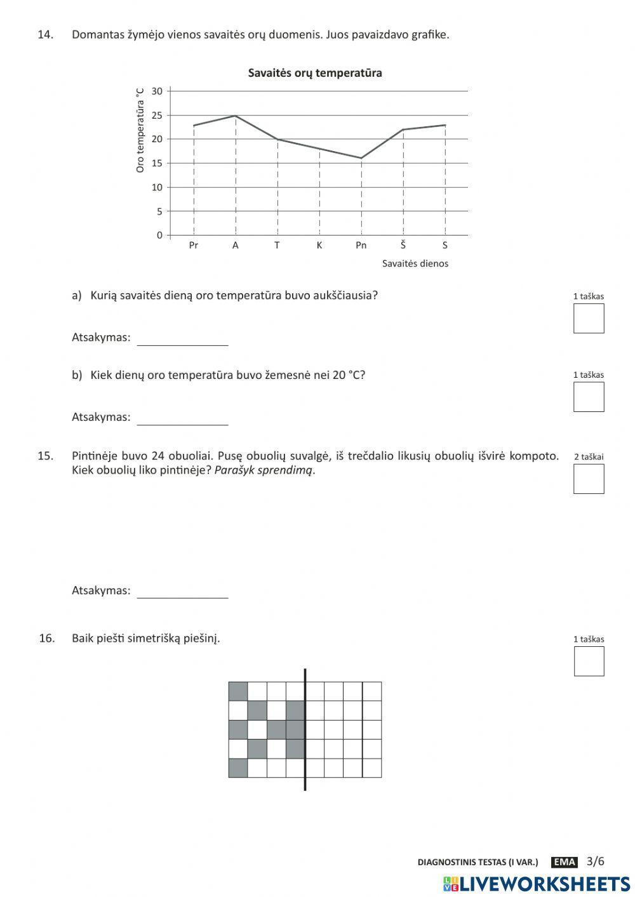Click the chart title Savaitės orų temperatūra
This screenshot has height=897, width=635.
[314, 73]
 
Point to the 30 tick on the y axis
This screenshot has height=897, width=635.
[157, 91]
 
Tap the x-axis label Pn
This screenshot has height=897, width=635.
[361, 246]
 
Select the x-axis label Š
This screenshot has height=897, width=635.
[403, 245]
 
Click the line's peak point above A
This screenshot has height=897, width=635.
[236, 116]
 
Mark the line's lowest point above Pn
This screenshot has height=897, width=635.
[361, 158]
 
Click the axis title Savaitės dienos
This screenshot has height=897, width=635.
[415, 263]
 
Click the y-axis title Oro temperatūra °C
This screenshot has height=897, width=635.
[140, 131]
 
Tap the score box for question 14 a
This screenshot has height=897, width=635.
[588, 319]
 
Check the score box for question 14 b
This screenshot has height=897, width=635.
[588, 397]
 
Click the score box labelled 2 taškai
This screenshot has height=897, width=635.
[588, 479]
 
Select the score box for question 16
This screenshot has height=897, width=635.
[589, 661]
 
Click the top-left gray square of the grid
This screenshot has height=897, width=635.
[238, 691]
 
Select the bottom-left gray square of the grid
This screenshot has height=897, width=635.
[238, 768]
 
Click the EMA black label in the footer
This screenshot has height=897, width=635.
[564, 862]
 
